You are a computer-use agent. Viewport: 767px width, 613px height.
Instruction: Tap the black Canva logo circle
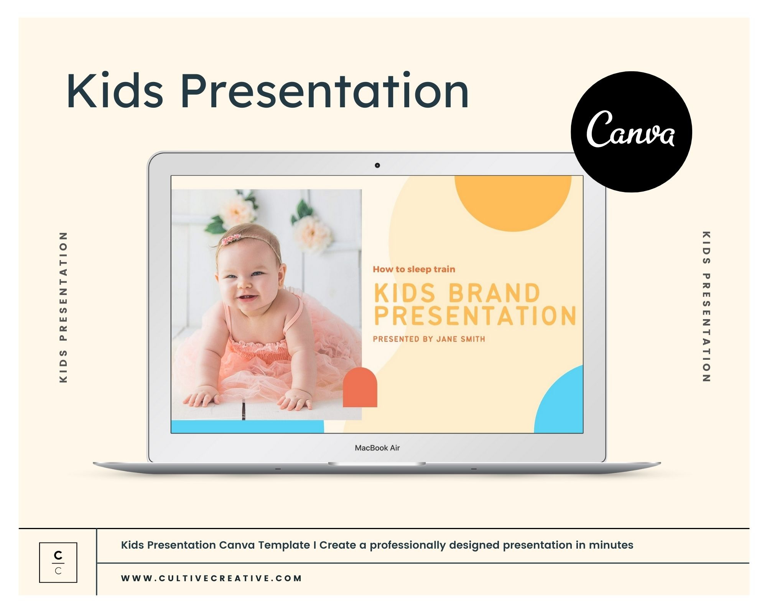[631, 131]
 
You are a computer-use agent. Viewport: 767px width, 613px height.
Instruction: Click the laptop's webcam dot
[377, 165]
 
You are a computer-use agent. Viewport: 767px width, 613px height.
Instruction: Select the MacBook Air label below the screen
[377, 447]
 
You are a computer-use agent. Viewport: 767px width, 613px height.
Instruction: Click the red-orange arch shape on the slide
[360, 387]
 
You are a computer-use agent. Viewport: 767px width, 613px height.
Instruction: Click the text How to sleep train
[414, 269]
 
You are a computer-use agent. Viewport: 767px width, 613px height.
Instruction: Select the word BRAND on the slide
[494, 293]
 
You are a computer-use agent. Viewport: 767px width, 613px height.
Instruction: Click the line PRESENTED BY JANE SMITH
[429, 339]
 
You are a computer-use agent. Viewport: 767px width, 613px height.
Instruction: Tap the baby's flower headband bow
[231, 239]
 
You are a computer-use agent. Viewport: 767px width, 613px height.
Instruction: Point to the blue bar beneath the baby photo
[247, 426]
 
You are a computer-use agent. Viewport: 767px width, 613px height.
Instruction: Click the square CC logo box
[58, 562]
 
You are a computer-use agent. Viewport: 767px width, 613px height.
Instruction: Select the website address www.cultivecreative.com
[211, 578]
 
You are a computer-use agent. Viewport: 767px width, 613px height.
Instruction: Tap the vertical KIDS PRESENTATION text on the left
[64, 307]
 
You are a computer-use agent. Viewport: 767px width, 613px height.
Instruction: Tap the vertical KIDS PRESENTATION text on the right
[706, 306]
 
